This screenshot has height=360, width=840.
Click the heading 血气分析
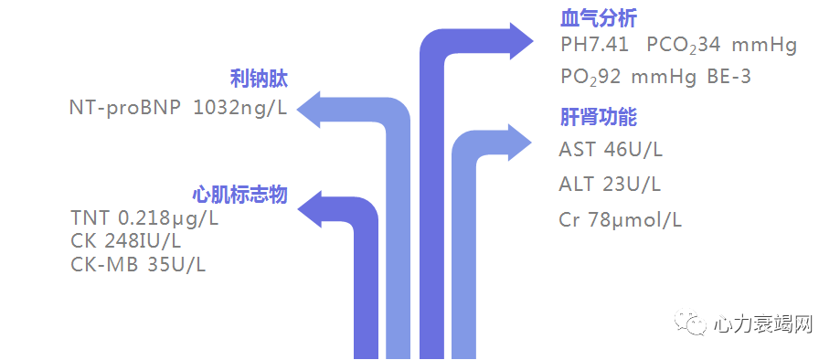598,19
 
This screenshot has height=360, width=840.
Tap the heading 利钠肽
258,79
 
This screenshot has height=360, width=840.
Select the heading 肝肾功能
598,118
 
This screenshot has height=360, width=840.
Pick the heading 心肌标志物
239,196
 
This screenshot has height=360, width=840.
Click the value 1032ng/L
239,108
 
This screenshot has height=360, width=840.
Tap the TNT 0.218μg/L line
144,219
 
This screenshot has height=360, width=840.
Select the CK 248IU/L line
125,242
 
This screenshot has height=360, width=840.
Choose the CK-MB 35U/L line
138,265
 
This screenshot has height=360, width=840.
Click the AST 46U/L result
611,150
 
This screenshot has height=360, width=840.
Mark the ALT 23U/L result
610,185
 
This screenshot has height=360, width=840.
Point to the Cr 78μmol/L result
621,220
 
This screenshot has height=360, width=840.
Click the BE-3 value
728,77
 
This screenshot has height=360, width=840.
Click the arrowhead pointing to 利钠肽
314,109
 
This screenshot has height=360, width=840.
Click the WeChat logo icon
694,323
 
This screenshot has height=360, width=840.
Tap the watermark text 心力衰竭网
763,324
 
